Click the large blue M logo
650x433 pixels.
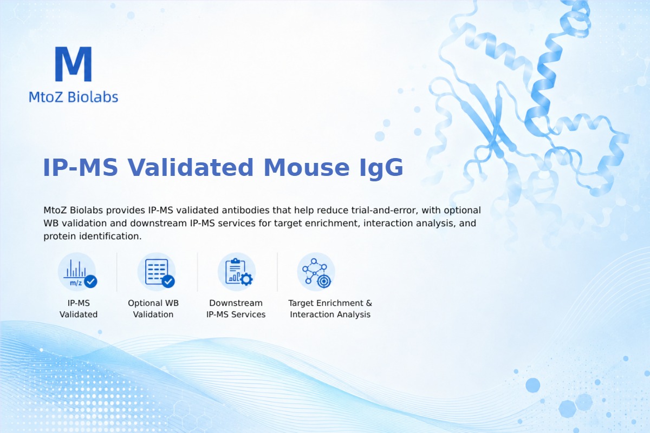(74, 64)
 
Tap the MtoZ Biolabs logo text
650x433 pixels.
(74, 97)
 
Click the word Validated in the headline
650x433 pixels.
(190, 167)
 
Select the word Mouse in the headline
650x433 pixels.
(307, 167)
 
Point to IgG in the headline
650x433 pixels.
(381, 168)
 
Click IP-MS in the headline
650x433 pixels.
(80, 167)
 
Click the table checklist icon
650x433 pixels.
(157, 272)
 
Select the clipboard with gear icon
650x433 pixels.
(237, 272)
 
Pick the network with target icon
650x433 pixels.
(316, 272)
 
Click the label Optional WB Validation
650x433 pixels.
(153, 309)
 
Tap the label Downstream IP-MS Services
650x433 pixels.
(236, 309)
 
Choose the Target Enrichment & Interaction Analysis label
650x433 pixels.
(330, 309)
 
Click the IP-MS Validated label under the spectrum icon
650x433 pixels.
(79, 309)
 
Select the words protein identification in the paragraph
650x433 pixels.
(93, 237)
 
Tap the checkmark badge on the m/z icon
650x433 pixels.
(90, 281)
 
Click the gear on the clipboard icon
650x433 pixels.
(246, 279)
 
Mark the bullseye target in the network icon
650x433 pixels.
(324, 281)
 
